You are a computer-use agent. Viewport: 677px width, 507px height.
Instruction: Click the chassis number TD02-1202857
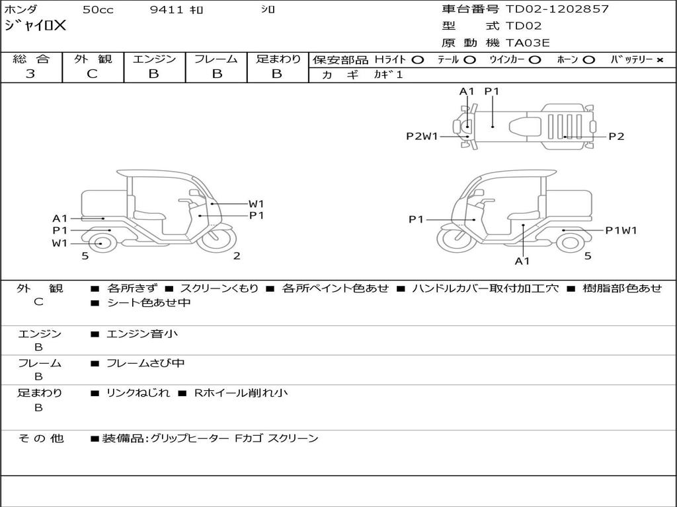pos(557,9)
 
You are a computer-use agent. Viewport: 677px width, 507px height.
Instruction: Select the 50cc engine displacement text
pos(98,10)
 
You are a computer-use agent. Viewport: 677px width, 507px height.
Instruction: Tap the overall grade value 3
pos(30,74)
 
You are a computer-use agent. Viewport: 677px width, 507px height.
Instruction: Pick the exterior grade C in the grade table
pos(93,74)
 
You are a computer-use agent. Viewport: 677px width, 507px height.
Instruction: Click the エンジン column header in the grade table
pos(154,59)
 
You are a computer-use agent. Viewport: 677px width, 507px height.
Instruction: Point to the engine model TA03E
pos(528,44)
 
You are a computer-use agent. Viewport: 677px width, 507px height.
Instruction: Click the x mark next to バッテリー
pos(659,60)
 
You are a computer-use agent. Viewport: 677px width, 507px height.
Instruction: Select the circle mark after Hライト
pos(418,60)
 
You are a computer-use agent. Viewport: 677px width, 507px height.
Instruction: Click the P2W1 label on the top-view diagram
pos(422,137)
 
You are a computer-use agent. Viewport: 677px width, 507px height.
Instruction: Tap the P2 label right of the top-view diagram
pos(616,137)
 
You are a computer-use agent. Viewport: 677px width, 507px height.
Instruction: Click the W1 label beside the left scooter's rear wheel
pos(60,243)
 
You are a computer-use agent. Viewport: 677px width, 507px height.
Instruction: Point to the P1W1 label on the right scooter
pos(621,230)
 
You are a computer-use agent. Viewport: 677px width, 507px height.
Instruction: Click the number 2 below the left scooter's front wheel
pos(237,256)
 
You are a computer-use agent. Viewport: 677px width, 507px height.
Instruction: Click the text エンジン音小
pos(142,334)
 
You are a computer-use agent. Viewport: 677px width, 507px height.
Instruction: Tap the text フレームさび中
pos(145,363)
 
